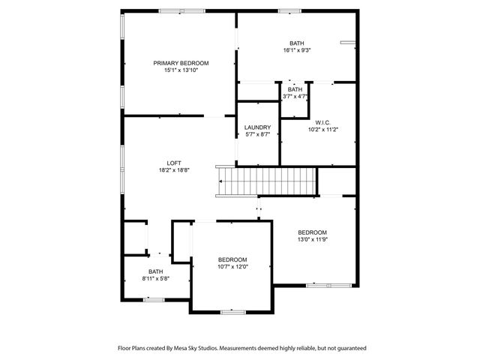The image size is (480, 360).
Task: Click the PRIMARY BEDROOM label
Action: tap(181, 63)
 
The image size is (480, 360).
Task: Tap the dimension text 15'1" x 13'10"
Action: tap(181, 70)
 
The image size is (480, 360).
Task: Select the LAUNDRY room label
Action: tap(257, 127)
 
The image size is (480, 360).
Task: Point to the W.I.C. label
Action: tap(322, 122)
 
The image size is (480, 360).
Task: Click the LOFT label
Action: tap(173, 163)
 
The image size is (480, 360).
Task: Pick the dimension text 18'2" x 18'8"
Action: tap(173, 170)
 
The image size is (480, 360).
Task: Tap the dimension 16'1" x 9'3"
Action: tap(297, 51)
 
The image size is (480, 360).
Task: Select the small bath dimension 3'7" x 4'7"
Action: tap(295, 97)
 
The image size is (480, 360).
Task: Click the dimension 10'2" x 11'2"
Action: tap(322, 130)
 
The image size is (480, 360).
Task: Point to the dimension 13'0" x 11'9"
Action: tap(312, 240)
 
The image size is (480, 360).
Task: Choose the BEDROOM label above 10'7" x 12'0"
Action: tap(232, 259)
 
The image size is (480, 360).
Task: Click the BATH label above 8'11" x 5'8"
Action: tap(155, 271)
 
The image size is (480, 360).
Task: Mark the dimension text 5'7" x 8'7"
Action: tap(257, 135)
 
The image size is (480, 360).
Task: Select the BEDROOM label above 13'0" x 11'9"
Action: tap(312, 232)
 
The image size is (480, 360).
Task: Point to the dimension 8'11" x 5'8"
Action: tap(155, 279)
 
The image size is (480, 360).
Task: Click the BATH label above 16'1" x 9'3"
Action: tap(297, 43)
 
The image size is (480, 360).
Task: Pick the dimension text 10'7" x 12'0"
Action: tap(232, 267)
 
